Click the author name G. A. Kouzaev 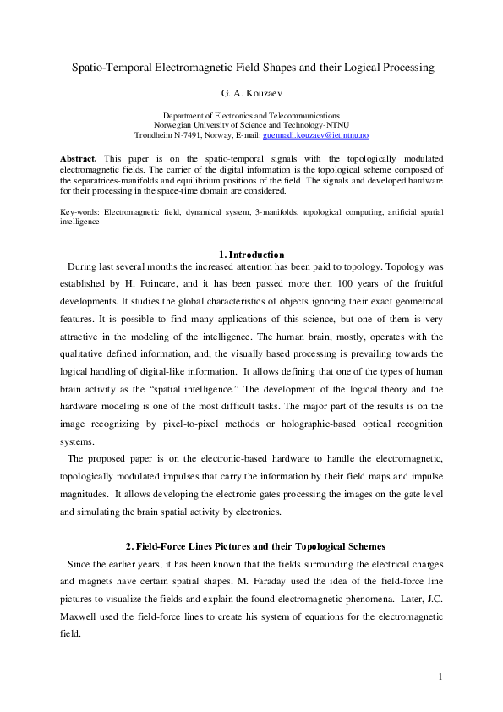251,92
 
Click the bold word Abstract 78,158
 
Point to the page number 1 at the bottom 441,676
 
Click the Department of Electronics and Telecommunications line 251,115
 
